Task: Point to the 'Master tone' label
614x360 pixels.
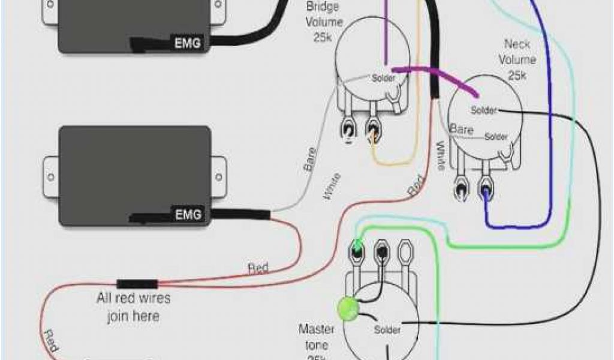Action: pos(314,337)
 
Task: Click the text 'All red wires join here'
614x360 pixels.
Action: pos(133,307)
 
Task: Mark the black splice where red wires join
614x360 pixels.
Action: pos(137,284)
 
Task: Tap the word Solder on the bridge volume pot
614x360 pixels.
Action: pos(384,78)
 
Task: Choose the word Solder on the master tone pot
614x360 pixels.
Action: pos(387,330)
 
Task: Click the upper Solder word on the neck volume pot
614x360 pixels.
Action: pos(484,110)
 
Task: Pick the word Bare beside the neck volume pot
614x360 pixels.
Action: pos(462,129)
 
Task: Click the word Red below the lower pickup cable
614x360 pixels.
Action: pos(258,268)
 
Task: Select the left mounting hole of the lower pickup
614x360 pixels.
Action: pos(50,177)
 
